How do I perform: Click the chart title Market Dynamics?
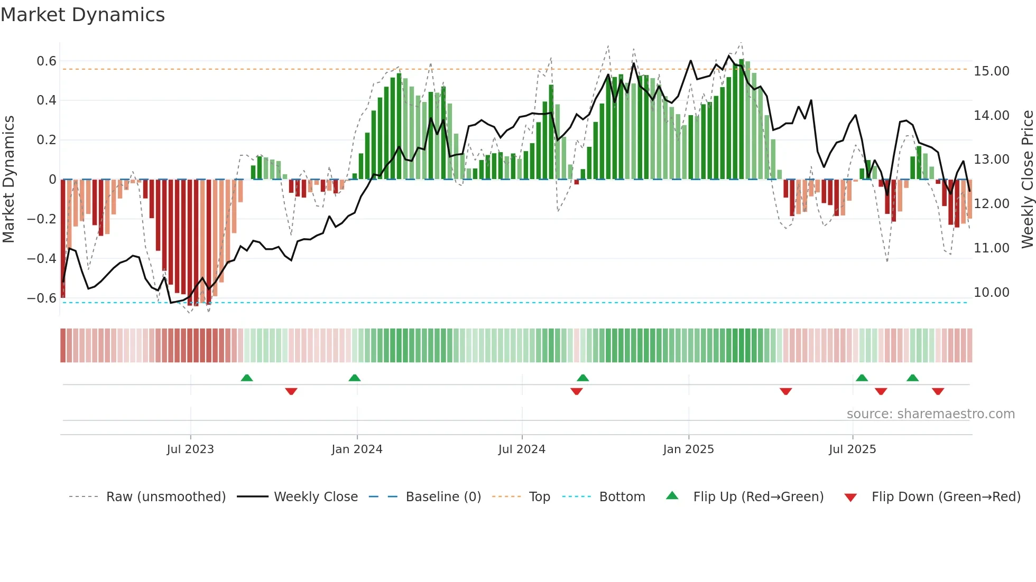point(83,15)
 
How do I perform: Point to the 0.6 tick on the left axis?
point(47,61)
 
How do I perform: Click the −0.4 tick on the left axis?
point(42,259)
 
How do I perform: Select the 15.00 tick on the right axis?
point(992,71)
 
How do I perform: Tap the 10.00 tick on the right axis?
point(992,293)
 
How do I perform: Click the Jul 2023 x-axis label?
point(190,449)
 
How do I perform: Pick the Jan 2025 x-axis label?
point(688,449)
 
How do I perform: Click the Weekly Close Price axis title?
point(1027,180)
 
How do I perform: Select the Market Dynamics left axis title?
point(8,180)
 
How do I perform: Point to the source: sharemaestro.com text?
point(930,414)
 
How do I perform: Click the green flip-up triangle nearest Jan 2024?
point(355,378)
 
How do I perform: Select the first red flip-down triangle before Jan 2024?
point(291,391)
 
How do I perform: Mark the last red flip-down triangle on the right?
point(938,391)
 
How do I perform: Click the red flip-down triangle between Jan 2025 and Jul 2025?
point(786,391)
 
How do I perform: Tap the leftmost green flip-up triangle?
point(247,378)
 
